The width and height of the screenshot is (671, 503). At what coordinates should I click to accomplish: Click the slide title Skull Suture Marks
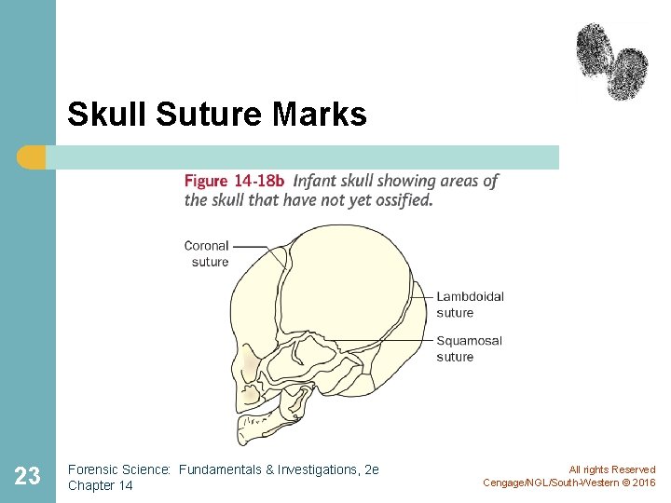tap(217, 115)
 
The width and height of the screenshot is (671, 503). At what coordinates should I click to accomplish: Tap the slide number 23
tap(28, 476)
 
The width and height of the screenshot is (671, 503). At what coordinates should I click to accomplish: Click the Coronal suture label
tap(207, 253)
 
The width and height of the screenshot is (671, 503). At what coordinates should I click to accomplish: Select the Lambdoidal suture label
tap(470, 305)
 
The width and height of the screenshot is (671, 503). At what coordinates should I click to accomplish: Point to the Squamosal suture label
tap(469, 348)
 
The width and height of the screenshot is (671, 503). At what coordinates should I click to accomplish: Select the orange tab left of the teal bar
tap(32, 157)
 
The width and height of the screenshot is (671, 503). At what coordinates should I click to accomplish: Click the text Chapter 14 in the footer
tap(101, 485)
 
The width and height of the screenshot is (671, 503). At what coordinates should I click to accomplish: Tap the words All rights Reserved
tap(611, 469)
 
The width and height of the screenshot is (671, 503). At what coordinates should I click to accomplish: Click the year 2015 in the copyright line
tap(642, 483)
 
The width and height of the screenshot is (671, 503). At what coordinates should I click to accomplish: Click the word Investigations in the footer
tap(315, 469)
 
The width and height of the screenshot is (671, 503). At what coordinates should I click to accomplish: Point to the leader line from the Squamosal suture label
tap(382, 340)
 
